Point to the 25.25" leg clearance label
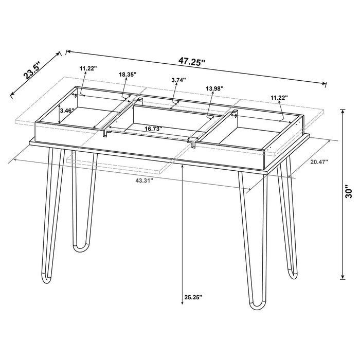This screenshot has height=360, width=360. point(193,297)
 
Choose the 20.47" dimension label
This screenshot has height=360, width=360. point(319,162)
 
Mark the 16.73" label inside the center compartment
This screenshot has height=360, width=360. point(154,129)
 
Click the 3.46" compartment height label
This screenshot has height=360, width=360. point(67,110)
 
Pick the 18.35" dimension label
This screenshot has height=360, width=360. point(127,75)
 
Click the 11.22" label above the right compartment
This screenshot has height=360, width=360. point(279,97)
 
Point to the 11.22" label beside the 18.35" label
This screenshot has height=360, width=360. point(88,68)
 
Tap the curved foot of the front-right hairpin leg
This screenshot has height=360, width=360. point(257,307)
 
